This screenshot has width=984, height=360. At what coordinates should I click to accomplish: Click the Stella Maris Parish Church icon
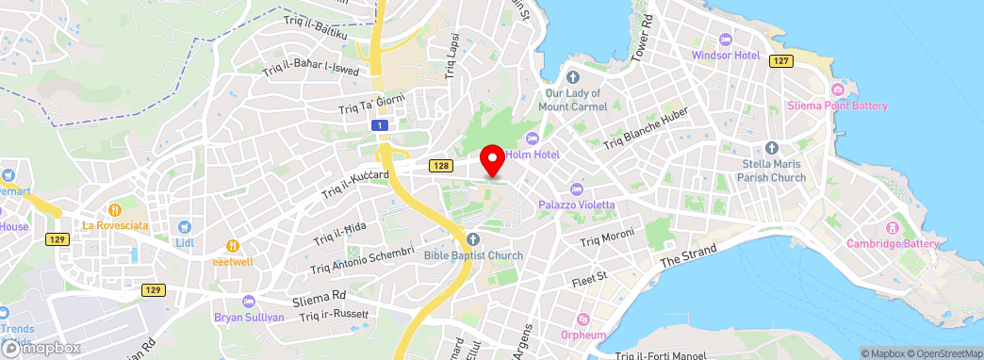[x=772, y=148]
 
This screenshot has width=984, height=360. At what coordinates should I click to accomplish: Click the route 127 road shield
[x=779, y=60]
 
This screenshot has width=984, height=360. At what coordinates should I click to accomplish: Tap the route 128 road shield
[x=440, y=166]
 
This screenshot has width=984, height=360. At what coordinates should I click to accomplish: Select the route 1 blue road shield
[x=379, y=124]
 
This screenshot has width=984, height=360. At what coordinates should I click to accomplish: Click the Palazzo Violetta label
[x=577, y=205]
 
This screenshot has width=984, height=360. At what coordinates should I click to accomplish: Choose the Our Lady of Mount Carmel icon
[x=577, y=76]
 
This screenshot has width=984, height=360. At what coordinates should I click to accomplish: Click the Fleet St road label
[x=591, y=279]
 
